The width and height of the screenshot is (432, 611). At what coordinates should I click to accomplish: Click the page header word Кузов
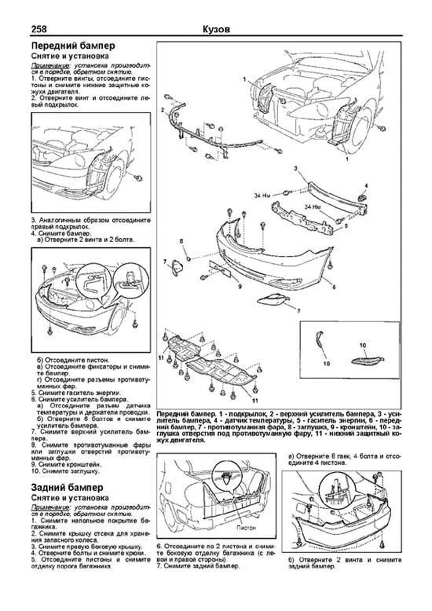(x=216, y=29)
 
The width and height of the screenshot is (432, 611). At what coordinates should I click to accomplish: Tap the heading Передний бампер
(x=73, y=46)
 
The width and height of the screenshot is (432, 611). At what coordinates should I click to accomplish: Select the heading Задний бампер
(x=67, y=488)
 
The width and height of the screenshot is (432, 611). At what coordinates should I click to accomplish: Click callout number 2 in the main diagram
(x=162, y=109)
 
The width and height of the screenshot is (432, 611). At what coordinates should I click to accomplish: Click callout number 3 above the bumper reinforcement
(x=295, y=168)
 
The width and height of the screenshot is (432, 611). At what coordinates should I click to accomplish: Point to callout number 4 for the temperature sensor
(x=366, y=186)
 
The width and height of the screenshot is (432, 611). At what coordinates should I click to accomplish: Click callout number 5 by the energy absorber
(x=346, y=226)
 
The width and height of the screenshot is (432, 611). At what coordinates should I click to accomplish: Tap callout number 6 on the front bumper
(x=334, y=287)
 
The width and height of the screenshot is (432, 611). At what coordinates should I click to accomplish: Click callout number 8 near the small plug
(x=181, y=241)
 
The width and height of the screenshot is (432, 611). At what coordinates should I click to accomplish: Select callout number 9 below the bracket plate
(x=239, y=287)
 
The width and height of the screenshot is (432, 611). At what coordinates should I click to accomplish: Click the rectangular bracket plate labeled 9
(x=220, y=268)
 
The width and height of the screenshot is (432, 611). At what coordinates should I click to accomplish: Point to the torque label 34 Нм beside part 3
(x=262, y=196)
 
